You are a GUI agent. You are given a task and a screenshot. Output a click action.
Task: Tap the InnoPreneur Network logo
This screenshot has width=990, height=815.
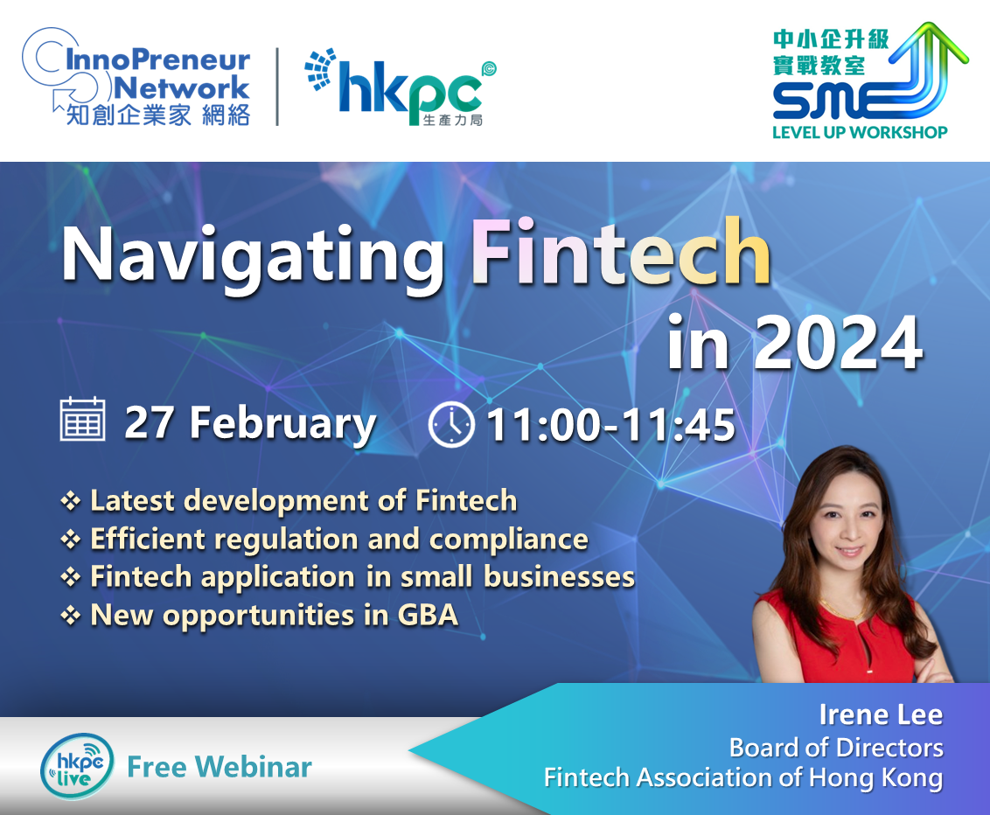click(x=136, y=77)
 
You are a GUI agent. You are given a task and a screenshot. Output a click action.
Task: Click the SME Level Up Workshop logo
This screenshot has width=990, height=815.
click(x=870, y=80)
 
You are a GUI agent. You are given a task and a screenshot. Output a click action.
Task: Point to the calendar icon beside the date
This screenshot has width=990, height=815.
click(x=82, y=419)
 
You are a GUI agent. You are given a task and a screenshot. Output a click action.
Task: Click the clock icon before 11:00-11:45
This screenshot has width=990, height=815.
click(x=451, y=424)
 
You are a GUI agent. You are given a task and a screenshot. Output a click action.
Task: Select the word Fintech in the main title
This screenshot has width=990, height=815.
click(x=621, y=253)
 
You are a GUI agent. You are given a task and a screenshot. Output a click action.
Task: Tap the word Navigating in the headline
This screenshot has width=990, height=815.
click(x=253, y=258)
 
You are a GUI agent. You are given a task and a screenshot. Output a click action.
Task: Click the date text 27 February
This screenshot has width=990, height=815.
click(x=250, y=423)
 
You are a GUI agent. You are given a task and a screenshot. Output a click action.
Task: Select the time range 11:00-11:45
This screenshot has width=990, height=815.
click(x=610, y=425)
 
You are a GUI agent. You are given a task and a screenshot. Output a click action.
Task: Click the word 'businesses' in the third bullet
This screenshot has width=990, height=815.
click(x=560, y=576)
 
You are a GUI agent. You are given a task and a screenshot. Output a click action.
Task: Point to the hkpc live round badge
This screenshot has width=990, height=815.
click(x=77, y=766)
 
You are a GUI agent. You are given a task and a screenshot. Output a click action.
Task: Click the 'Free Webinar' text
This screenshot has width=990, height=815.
click(x=220, y=767)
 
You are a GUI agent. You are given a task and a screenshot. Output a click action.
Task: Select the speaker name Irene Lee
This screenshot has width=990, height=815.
click(x=881, y=714)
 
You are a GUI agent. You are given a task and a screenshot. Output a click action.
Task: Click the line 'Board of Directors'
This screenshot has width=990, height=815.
click(x=836, y=748)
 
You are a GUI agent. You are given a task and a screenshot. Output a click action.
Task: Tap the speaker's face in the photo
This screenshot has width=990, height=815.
click(x=848, y=528)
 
